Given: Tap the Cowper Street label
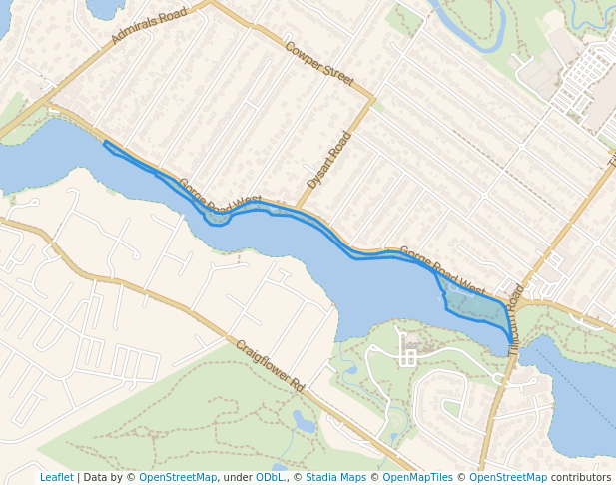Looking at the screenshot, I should tap(318, 63).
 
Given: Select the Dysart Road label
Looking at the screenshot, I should tap(329, 160).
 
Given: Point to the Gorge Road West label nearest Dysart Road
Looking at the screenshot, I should tap(219, 195).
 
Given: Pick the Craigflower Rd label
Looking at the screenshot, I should tap(270, 365).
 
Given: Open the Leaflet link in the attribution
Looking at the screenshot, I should tap(56, 478).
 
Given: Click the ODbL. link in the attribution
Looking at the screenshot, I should tap(270, 478).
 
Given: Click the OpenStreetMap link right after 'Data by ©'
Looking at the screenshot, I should tap(178, 478).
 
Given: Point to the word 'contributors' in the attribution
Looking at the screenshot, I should tap(581, 478).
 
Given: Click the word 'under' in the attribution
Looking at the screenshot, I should tap(237, 478).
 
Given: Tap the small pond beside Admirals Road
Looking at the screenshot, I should tap(104, 8).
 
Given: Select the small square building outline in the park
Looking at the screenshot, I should tap(408, 357).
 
